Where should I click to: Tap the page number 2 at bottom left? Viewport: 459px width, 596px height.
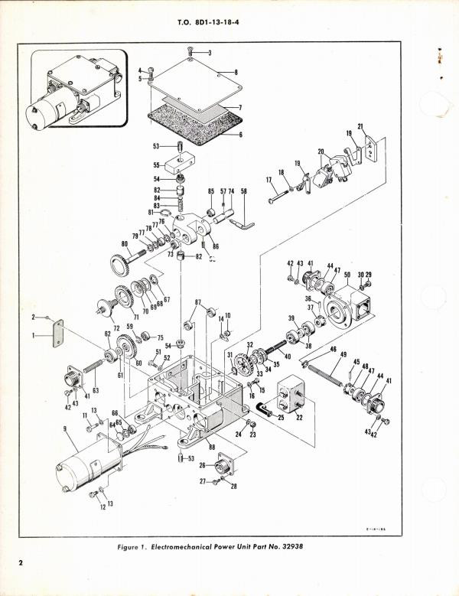pos(24,564)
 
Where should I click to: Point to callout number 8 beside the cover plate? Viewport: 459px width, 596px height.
pos(236,73)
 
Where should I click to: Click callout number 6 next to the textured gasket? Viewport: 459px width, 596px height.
pos(239,134)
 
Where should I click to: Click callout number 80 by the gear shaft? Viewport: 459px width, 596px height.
pos(124,245)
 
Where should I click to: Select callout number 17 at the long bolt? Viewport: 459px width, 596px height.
pos(269,181)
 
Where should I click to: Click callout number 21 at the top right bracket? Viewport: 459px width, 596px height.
pos(360,126)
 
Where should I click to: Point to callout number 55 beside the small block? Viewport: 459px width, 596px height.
pos(157,165)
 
